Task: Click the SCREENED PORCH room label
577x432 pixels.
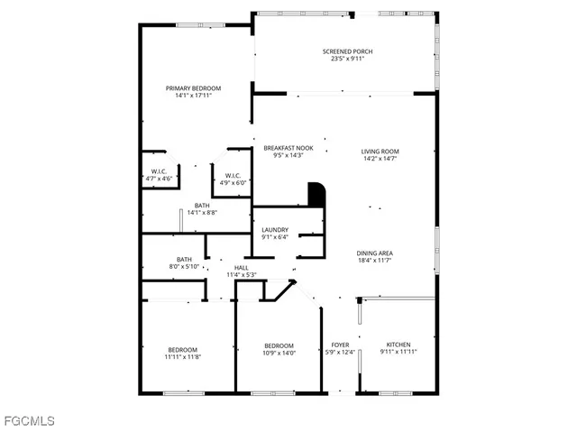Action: click(347, 51)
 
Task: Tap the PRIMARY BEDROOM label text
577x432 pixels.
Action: click(193, 88)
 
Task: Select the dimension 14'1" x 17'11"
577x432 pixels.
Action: click(193, 97)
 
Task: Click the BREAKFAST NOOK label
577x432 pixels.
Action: click(288, 148)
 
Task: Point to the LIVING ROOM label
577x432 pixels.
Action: click(380, 152)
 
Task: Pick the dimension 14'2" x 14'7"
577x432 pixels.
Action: click(380, 160)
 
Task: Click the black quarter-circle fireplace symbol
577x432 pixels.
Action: click(316, 195)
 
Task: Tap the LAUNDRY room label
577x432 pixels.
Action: click(275, 230)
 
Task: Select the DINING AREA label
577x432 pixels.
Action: click(374, 253)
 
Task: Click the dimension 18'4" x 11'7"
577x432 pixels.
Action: click(374, 261)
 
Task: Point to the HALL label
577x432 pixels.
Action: click(242, 268)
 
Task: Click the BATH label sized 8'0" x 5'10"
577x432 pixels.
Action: click(184, 259)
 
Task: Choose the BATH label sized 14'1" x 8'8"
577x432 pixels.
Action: click(202, 205)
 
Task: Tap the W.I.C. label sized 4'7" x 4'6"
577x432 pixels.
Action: click(158, 171)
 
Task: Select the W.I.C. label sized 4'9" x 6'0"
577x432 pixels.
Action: click(233, 176)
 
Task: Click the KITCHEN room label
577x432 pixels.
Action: click(398, 345)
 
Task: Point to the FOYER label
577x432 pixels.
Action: click(340, 345)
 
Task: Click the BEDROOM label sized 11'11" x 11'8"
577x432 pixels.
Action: click(183, 350)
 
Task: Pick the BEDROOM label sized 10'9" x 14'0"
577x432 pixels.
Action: click(279, 346)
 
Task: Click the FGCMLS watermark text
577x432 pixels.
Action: click(29, 420)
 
